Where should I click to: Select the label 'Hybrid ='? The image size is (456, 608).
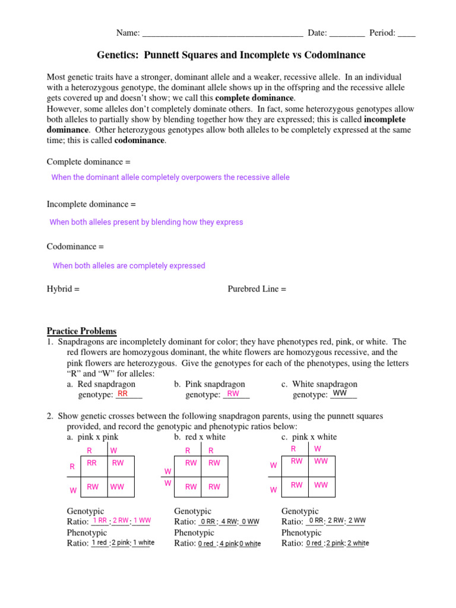63,289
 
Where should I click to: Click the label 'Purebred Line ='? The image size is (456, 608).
256,289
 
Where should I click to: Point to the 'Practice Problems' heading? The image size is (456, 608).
82,331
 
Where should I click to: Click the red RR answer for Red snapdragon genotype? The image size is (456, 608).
123,394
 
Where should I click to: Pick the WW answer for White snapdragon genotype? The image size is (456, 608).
340,394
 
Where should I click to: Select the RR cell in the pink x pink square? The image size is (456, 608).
92,463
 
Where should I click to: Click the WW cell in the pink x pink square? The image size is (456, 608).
117,486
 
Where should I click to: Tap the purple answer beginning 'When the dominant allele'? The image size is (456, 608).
170,178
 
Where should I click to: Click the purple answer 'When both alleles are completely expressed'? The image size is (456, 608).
129,266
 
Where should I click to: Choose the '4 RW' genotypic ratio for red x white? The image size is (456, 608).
229,521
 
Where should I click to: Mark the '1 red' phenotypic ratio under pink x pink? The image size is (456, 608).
99,543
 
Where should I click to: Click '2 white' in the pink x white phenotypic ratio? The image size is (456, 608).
357,543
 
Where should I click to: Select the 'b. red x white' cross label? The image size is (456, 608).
199,437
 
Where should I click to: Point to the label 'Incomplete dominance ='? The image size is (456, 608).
91,204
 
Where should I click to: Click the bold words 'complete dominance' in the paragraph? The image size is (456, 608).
254,98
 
